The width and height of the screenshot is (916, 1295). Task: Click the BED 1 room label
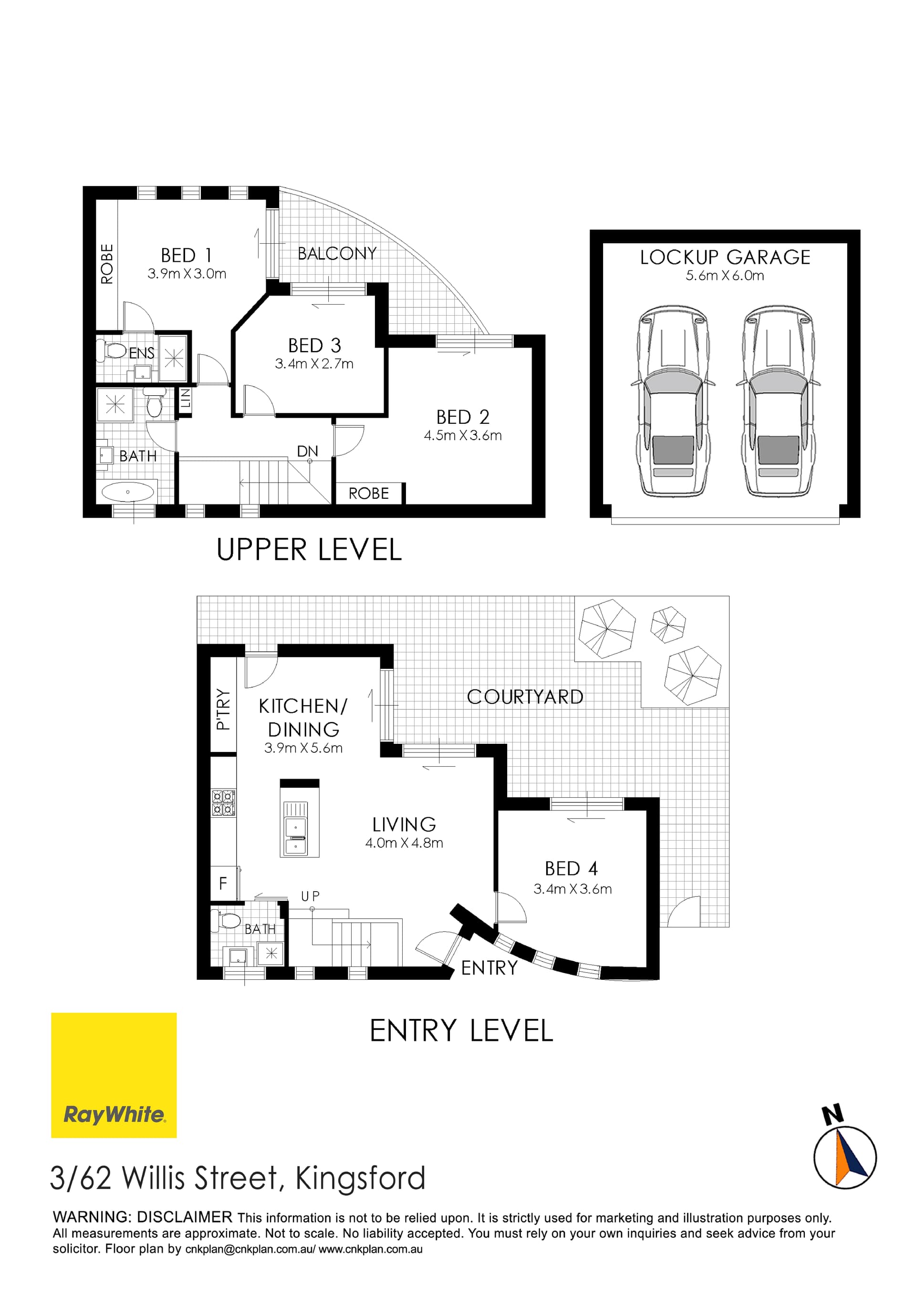click(186, 256)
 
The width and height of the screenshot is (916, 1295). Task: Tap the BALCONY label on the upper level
click(336, 254)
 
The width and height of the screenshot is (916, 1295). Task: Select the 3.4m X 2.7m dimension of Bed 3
click(314, 364)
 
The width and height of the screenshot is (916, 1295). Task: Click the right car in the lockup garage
click(778, 401)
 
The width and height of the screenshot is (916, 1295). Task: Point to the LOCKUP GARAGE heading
click(725, 257)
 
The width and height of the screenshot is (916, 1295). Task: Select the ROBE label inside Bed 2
click(368, 493)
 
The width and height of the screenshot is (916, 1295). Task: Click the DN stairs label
click(308, 451)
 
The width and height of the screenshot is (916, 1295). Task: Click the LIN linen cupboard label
click(185, 400)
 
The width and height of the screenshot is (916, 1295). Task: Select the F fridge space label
click(223, 883)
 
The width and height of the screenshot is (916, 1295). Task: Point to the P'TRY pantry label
click(223, 709)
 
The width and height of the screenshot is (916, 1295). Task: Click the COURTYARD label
click(524, 697)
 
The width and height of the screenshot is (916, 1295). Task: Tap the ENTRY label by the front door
click(489, 968)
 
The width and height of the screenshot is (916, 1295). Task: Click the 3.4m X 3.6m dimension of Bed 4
click(572, 889)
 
